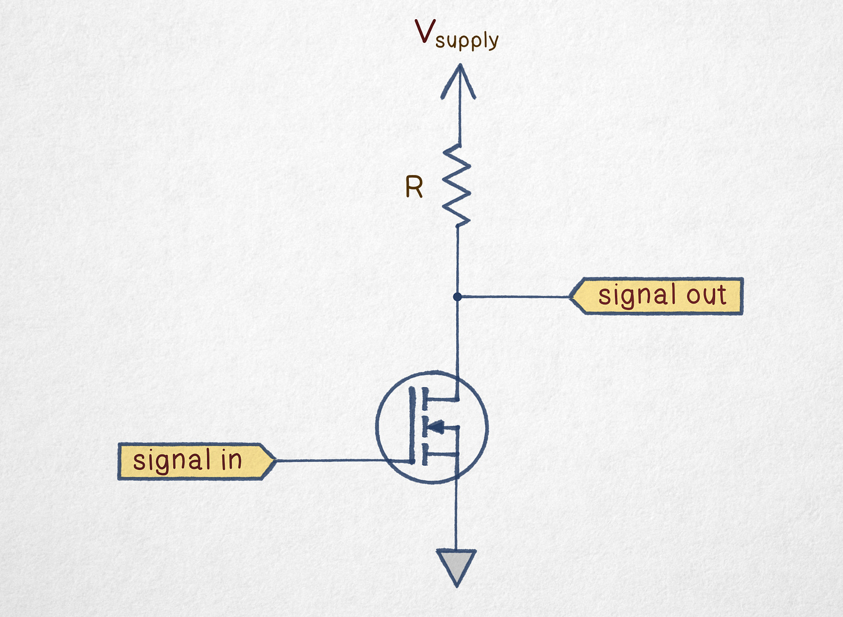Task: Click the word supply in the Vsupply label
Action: coord(467,41)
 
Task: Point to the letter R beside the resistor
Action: coord(414,188)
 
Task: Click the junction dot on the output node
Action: coord(457,297)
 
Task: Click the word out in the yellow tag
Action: coord(706,295)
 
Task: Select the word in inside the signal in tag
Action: coord(231,461)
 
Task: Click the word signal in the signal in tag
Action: coord(172,461)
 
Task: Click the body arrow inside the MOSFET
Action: coord(437,427)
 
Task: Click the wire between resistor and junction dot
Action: coord(457,261)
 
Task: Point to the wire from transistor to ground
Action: coord(457,516)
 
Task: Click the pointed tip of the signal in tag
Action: coord(273,461)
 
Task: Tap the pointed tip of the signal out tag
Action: coord(571,297)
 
